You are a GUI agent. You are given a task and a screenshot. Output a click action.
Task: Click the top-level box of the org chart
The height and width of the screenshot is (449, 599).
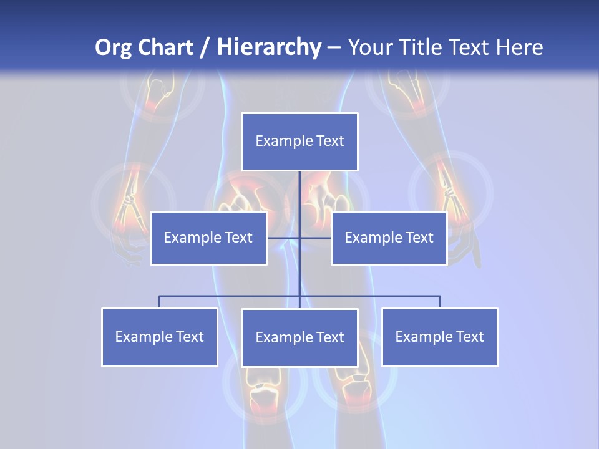tap(299, 142)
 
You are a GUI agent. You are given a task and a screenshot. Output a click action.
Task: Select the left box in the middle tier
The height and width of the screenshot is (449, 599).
tap(208, 238)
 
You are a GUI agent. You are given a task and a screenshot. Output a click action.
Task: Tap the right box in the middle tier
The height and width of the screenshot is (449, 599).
tap(389, 238)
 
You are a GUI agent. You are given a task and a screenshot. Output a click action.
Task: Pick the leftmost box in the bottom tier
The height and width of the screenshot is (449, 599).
tap(159, 337)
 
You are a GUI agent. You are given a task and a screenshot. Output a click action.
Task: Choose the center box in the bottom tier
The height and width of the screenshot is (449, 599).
tap(299, 337)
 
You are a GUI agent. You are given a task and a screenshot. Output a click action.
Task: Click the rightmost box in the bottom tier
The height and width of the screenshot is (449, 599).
tap(439, 337)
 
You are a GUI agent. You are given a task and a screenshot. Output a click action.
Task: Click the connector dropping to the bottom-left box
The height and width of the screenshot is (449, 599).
tap(159, 302)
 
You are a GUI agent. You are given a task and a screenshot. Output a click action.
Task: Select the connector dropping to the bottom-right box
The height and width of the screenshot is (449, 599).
tap(440, 302)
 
